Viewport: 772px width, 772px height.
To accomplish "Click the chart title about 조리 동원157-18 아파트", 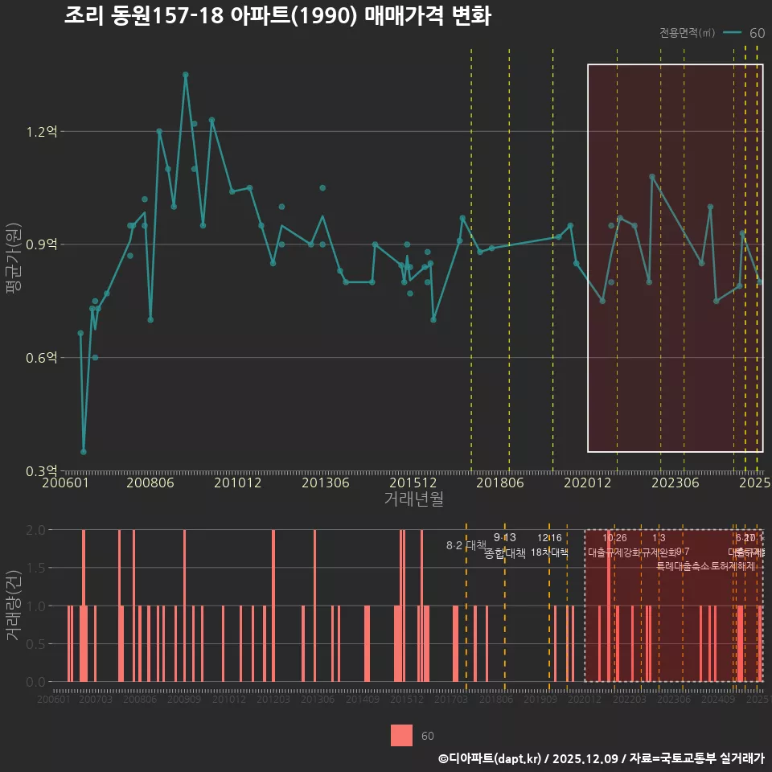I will coord(277,16).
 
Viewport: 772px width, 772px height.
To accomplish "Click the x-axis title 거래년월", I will coord(413,499).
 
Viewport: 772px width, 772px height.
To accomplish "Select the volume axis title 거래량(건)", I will coord(14,606).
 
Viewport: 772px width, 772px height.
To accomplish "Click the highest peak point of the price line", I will coord(185,75).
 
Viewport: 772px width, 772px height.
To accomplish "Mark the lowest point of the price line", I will coord(84,451).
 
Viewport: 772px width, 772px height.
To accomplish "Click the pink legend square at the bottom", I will coord(401,736).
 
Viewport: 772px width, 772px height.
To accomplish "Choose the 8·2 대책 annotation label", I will coord(461,545).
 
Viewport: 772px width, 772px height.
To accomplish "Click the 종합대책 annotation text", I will coord(505,553).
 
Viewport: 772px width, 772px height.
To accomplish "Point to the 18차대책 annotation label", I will coord(549,552).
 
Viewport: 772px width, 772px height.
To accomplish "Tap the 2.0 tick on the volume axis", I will coord(36,531).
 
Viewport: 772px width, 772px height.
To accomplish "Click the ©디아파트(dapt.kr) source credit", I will coord(491,758).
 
